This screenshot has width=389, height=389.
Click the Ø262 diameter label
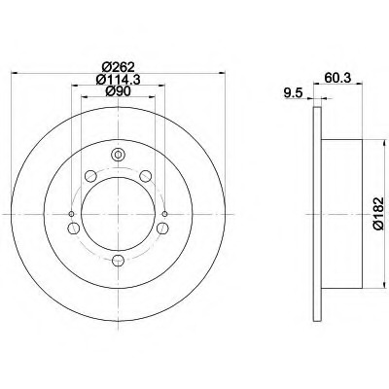118,67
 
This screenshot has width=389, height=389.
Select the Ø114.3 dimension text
118,80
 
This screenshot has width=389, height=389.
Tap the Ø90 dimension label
118,91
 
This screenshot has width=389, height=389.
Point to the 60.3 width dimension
337,79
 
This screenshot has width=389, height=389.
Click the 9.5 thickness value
293,93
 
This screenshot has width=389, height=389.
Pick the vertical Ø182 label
378,214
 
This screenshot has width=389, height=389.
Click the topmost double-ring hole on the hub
118,155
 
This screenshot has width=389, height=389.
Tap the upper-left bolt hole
90,176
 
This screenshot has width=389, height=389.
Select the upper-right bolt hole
146,176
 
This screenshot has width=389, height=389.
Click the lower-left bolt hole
74,228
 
